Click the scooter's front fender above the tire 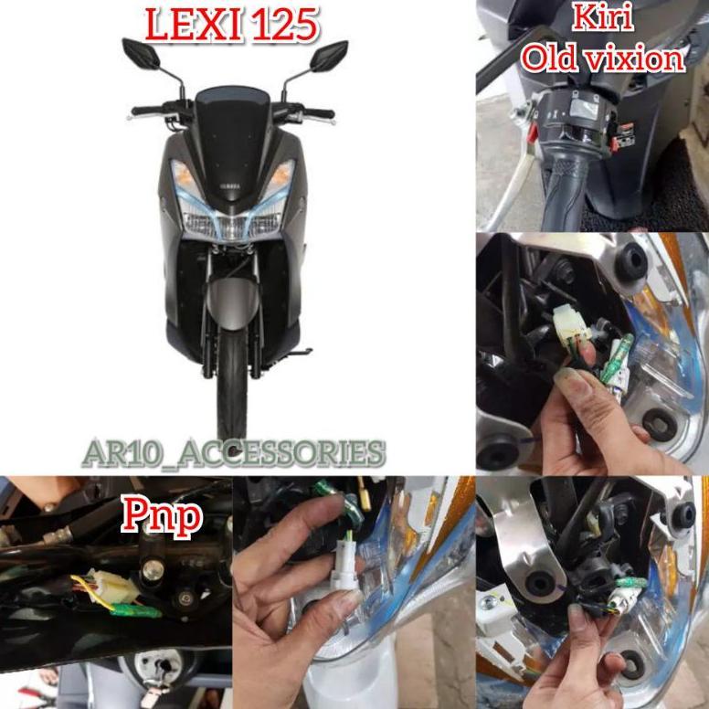click(232, 302)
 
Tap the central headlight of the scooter click(232, 224)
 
